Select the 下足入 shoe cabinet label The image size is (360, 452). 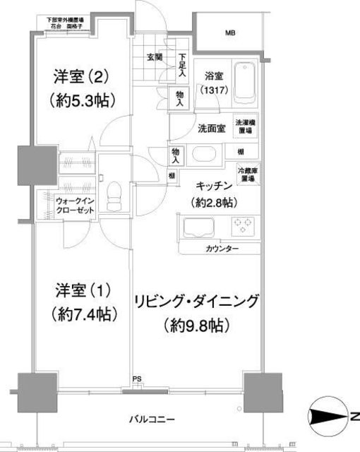pyautogui.click(x=183, y=64)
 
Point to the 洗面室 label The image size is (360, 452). pyautogui.click(x=212, y=129)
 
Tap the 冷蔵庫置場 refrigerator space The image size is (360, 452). pyautogui.click(x=246, y=174)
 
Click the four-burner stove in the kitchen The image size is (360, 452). pyautogui.click(x=243, y=226)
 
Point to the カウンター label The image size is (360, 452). pyautogui.click(x=222, y=249)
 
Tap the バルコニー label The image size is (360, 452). pyautogui.click(x=151, y=420)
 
